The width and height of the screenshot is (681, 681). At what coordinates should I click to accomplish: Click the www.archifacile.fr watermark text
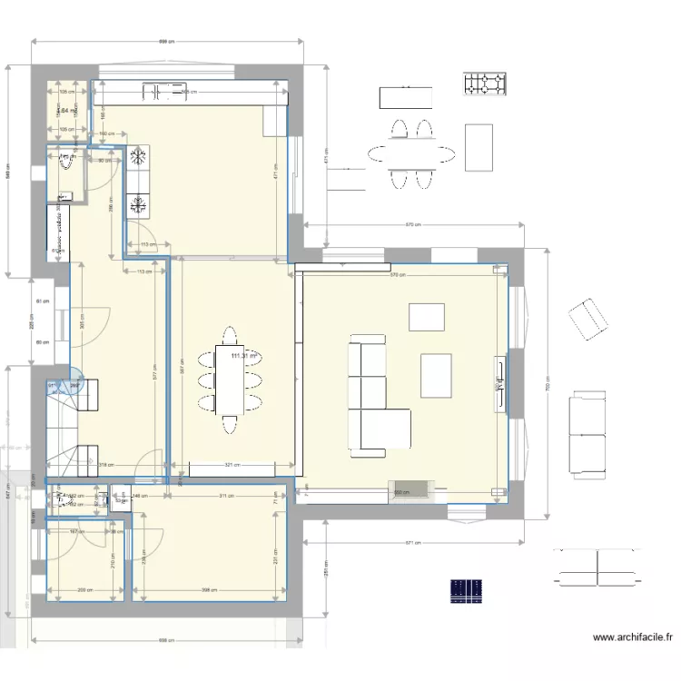pos(632,638)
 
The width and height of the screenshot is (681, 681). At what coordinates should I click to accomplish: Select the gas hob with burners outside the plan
pos(486,84)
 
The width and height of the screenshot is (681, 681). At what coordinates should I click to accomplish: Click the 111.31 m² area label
pos(243,356)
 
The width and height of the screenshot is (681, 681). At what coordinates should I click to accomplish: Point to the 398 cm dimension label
pos(209,590)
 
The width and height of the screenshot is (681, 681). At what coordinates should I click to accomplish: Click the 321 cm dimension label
pos(232,465)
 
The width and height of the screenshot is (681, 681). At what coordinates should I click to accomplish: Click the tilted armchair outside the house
pos(587,318)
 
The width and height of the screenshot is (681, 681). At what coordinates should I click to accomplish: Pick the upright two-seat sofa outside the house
pos(587,433)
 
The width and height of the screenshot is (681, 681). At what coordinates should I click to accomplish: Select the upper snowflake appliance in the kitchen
pos(138,157)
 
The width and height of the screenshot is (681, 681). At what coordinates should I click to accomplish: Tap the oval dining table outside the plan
pos(410,153)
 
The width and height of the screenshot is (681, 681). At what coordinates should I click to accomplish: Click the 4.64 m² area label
pos(67,112)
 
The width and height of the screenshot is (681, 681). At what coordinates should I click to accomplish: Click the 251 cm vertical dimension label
pos(325,569)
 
